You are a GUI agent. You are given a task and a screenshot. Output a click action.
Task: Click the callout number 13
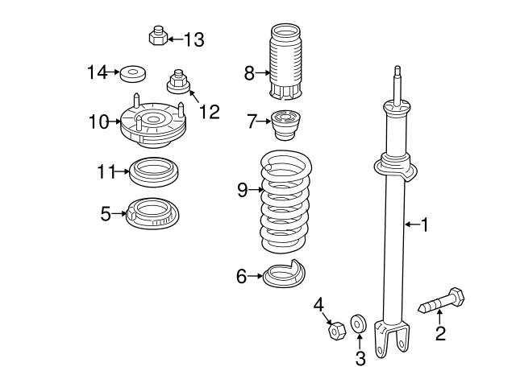tap(194, 39)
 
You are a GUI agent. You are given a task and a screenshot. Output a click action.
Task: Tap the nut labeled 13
tap(158, 36)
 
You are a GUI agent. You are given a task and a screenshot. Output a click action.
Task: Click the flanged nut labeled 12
tap(177, 82)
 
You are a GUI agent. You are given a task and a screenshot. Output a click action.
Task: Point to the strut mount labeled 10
tap(153, 126)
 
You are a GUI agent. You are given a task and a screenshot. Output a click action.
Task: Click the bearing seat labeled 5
tap(152, 215)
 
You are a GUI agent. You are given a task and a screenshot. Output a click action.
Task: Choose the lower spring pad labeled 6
tap(286, 276)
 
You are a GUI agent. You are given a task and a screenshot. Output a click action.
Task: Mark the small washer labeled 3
tap(360, 323)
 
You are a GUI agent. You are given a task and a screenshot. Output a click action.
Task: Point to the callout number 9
tap(242, 190)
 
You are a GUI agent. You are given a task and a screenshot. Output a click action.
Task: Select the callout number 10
tap(99, 122)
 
